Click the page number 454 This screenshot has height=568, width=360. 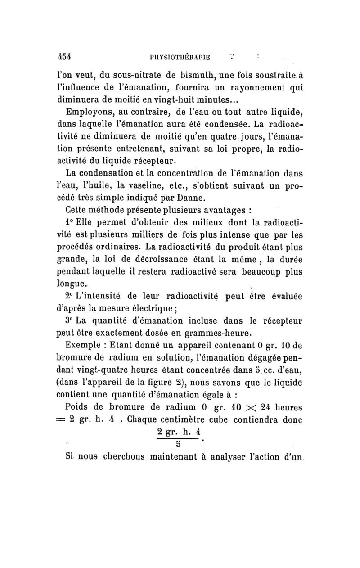66,58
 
